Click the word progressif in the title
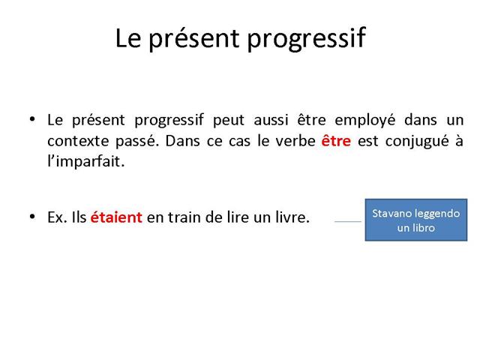pos(306,39)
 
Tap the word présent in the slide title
pos(193,38)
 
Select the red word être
pos(336,141)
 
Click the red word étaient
pos(116,217)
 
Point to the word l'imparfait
pos(86,161)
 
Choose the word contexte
pos(78,141)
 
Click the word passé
pos(137,142)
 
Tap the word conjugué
pos(417,142)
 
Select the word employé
pos(365,120)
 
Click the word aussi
pos(271,120)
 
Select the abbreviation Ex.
pos(57,217)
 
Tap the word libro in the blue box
pos(424,228)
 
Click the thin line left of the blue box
pos(348,221)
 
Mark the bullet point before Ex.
pos(32,217)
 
